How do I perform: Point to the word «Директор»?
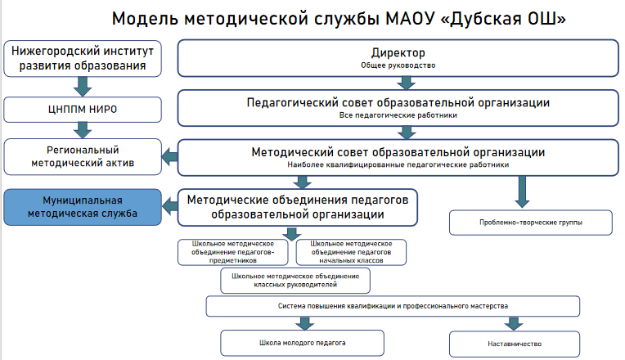tap(398, 52)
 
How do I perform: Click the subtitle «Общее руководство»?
tap(398, 65)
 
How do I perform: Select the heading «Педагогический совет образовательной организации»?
tap(398, 103)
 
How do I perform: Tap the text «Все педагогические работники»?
tap(398, 115)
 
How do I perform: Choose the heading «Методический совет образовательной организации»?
tap(398, 152)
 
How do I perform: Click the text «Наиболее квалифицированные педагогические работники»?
tap(398, 164)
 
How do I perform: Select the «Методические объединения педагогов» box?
tap(297, 207)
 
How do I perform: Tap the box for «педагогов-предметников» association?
tap(234, 252)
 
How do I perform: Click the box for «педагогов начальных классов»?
tap(352, 252)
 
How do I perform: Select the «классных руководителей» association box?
tap(296, 281)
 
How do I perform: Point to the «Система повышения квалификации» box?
tap(393, 306)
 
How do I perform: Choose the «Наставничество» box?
tap(515, 344)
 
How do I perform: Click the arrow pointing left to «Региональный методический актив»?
tap(169, 156)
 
